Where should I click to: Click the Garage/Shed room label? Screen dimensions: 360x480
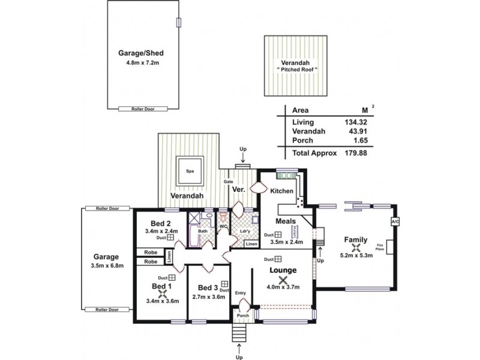pyautogui.click(x=142, y=52)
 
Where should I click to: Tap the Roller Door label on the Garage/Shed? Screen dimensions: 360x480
pyautogui.click(x=142, y=109)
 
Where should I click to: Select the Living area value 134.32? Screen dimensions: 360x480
pyautogui.click(x=354, y=122)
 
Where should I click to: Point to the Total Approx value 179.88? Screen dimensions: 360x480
pyautogui.click(x=354, y=152)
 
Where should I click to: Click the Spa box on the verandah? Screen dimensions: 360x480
pyautogui.click(x=189, y=170)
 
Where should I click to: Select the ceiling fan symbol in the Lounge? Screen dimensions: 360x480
pyautogui.click(x=286, y=279)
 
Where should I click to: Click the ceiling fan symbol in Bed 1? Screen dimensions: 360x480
pyautogui.click(x=161, y=293)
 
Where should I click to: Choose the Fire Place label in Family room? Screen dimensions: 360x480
pyautogui.click(x=380, y=247)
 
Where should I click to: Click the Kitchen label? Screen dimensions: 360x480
pyautogui.click(x=281, y=191)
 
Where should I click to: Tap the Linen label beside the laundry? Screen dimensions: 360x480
pyautogui.click(x=251, y=244)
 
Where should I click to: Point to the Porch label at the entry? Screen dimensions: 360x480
pyautogui.click(x=242, y=316)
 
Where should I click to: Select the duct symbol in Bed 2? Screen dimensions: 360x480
pyautogui.click(x=170, y=237)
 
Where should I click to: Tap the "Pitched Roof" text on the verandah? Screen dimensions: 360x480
pyautogui.click(x=297, y=71)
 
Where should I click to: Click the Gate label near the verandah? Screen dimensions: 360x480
pyautogui.click(x=228, y=181)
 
